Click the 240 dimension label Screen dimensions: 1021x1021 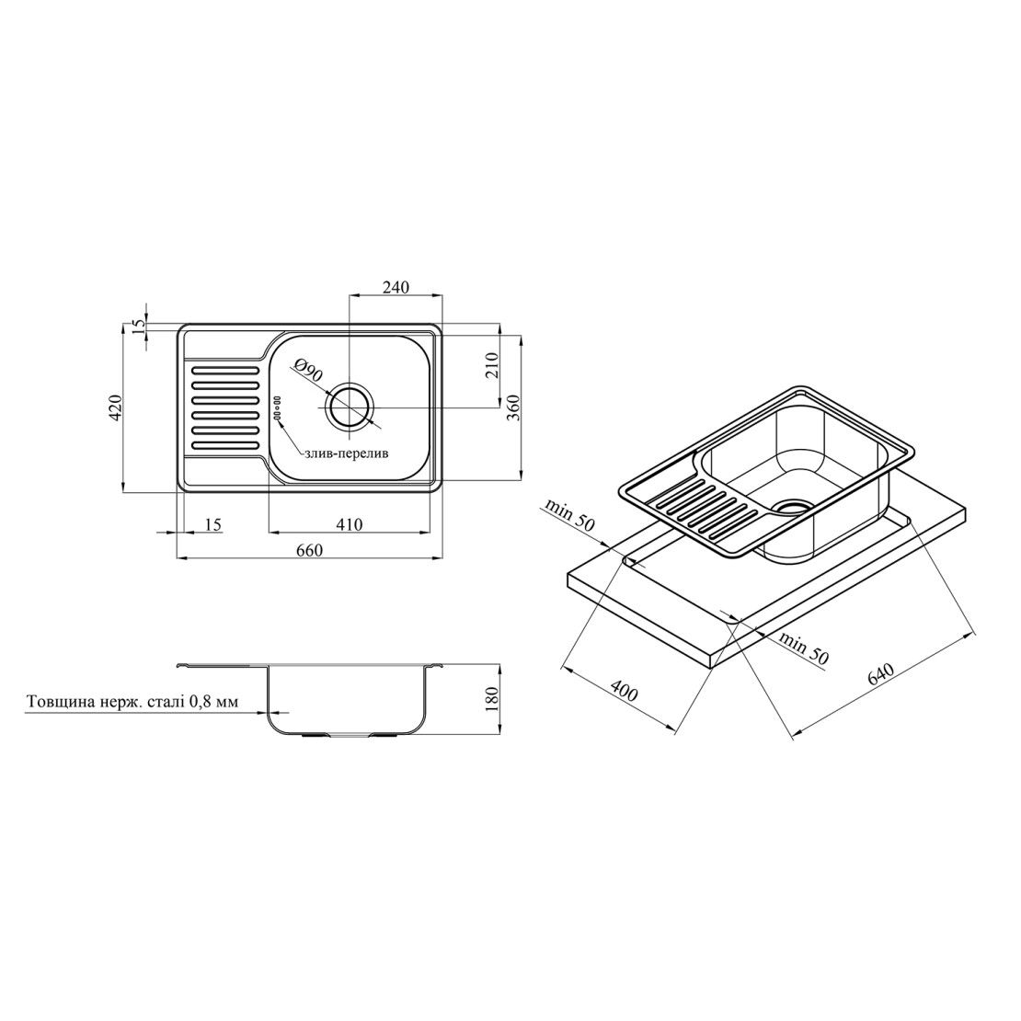coord(396,287)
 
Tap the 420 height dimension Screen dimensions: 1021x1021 coord(115,407)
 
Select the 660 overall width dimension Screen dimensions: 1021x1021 coord(309,550)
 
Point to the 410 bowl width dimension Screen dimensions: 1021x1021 coord(350,523)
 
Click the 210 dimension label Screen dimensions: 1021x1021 coord(491,365)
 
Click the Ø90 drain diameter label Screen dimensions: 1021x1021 coord(307,373)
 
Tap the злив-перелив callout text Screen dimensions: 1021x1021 coord(346,453)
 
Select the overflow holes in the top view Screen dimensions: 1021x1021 coord(276,407)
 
